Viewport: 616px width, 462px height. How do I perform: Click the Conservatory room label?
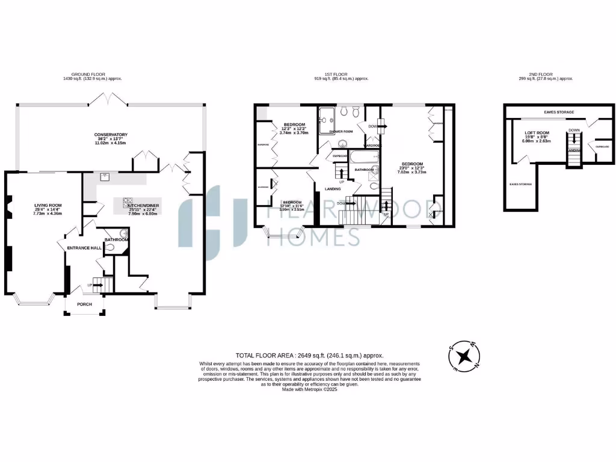pos(110,135)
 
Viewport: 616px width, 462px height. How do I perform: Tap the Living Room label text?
pos(48,206)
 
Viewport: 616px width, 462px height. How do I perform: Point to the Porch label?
pos(84,304)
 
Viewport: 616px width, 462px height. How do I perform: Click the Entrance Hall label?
pos(84,247)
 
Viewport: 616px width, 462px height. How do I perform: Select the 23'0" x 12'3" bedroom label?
pos(412,164)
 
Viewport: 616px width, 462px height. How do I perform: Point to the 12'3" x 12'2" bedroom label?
pos(294,125)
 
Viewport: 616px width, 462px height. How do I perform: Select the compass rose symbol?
pos(464,357)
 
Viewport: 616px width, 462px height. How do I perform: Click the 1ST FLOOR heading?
pos(341,75)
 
